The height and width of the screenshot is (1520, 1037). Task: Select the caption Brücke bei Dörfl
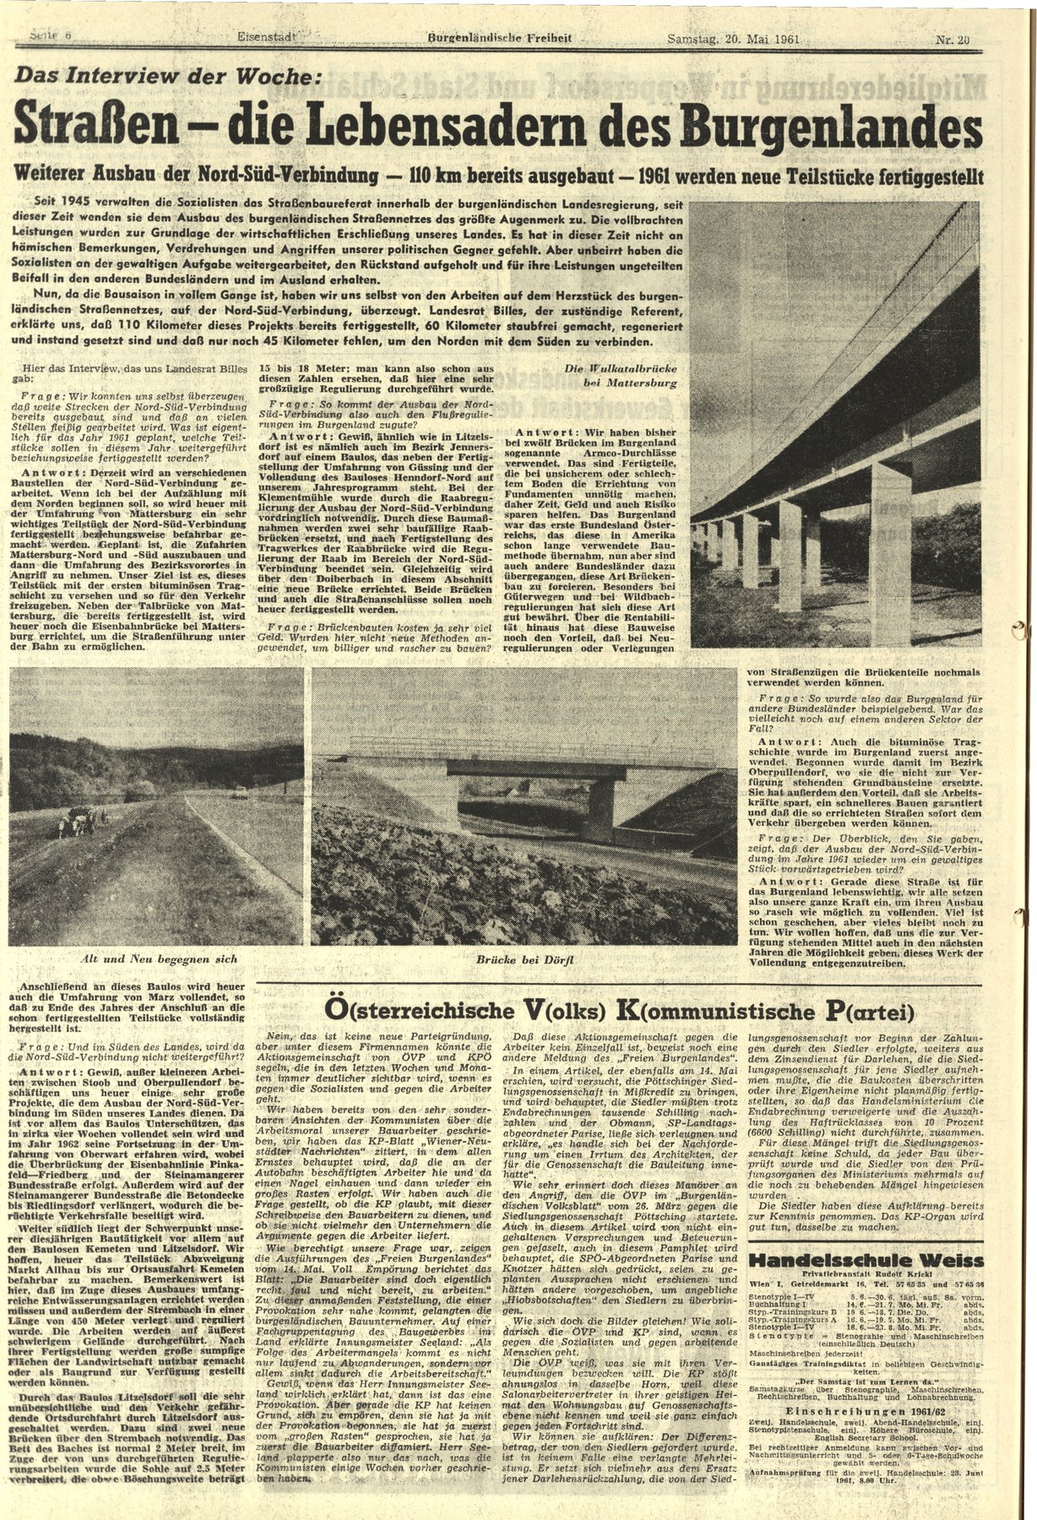click(x=523, y=960)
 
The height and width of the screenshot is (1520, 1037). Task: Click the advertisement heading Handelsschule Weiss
click(x=866, y=1260)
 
